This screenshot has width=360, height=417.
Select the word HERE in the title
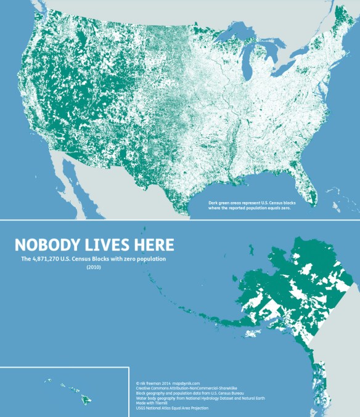[x=155, y=245]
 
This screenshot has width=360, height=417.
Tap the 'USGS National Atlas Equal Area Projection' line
[x=172, y=408]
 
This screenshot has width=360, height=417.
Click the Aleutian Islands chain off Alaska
[x=185, y=301]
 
